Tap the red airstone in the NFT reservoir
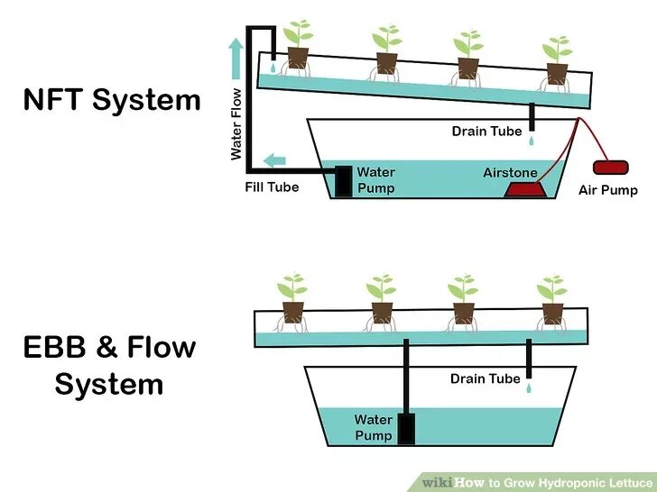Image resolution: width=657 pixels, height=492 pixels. click(x=525, y=189)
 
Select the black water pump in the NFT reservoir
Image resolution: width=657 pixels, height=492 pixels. click(x=344, y=180)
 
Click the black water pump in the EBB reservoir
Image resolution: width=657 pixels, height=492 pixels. click(x=406, y=428)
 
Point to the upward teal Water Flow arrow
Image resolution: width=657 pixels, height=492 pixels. click(x=236, y=59)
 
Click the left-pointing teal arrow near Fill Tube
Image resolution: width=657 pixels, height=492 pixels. click(x=274, y=161)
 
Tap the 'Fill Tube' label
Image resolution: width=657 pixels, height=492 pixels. click(x=272, y=188)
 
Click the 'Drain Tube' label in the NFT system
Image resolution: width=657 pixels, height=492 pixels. click(x=486, y=132)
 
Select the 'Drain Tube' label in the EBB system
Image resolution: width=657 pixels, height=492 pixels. click(x=486, y=379)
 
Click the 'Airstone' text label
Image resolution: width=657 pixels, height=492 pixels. click(x=510, y=172)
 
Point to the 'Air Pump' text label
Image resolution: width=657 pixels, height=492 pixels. click(x=608, y=190)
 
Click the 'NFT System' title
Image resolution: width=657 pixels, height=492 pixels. click(x=112, y=100)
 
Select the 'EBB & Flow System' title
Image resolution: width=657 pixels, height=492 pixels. click(x=109, y=366)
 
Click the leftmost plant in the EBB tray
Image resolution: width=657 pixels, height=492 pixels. click(x=291, y=297)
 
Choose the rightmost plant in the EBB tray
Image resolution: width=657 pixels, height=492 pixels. click(x=551, y=297)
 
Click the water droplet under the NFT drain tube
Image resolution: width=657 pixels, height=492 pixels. click(x=532, y=141)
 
